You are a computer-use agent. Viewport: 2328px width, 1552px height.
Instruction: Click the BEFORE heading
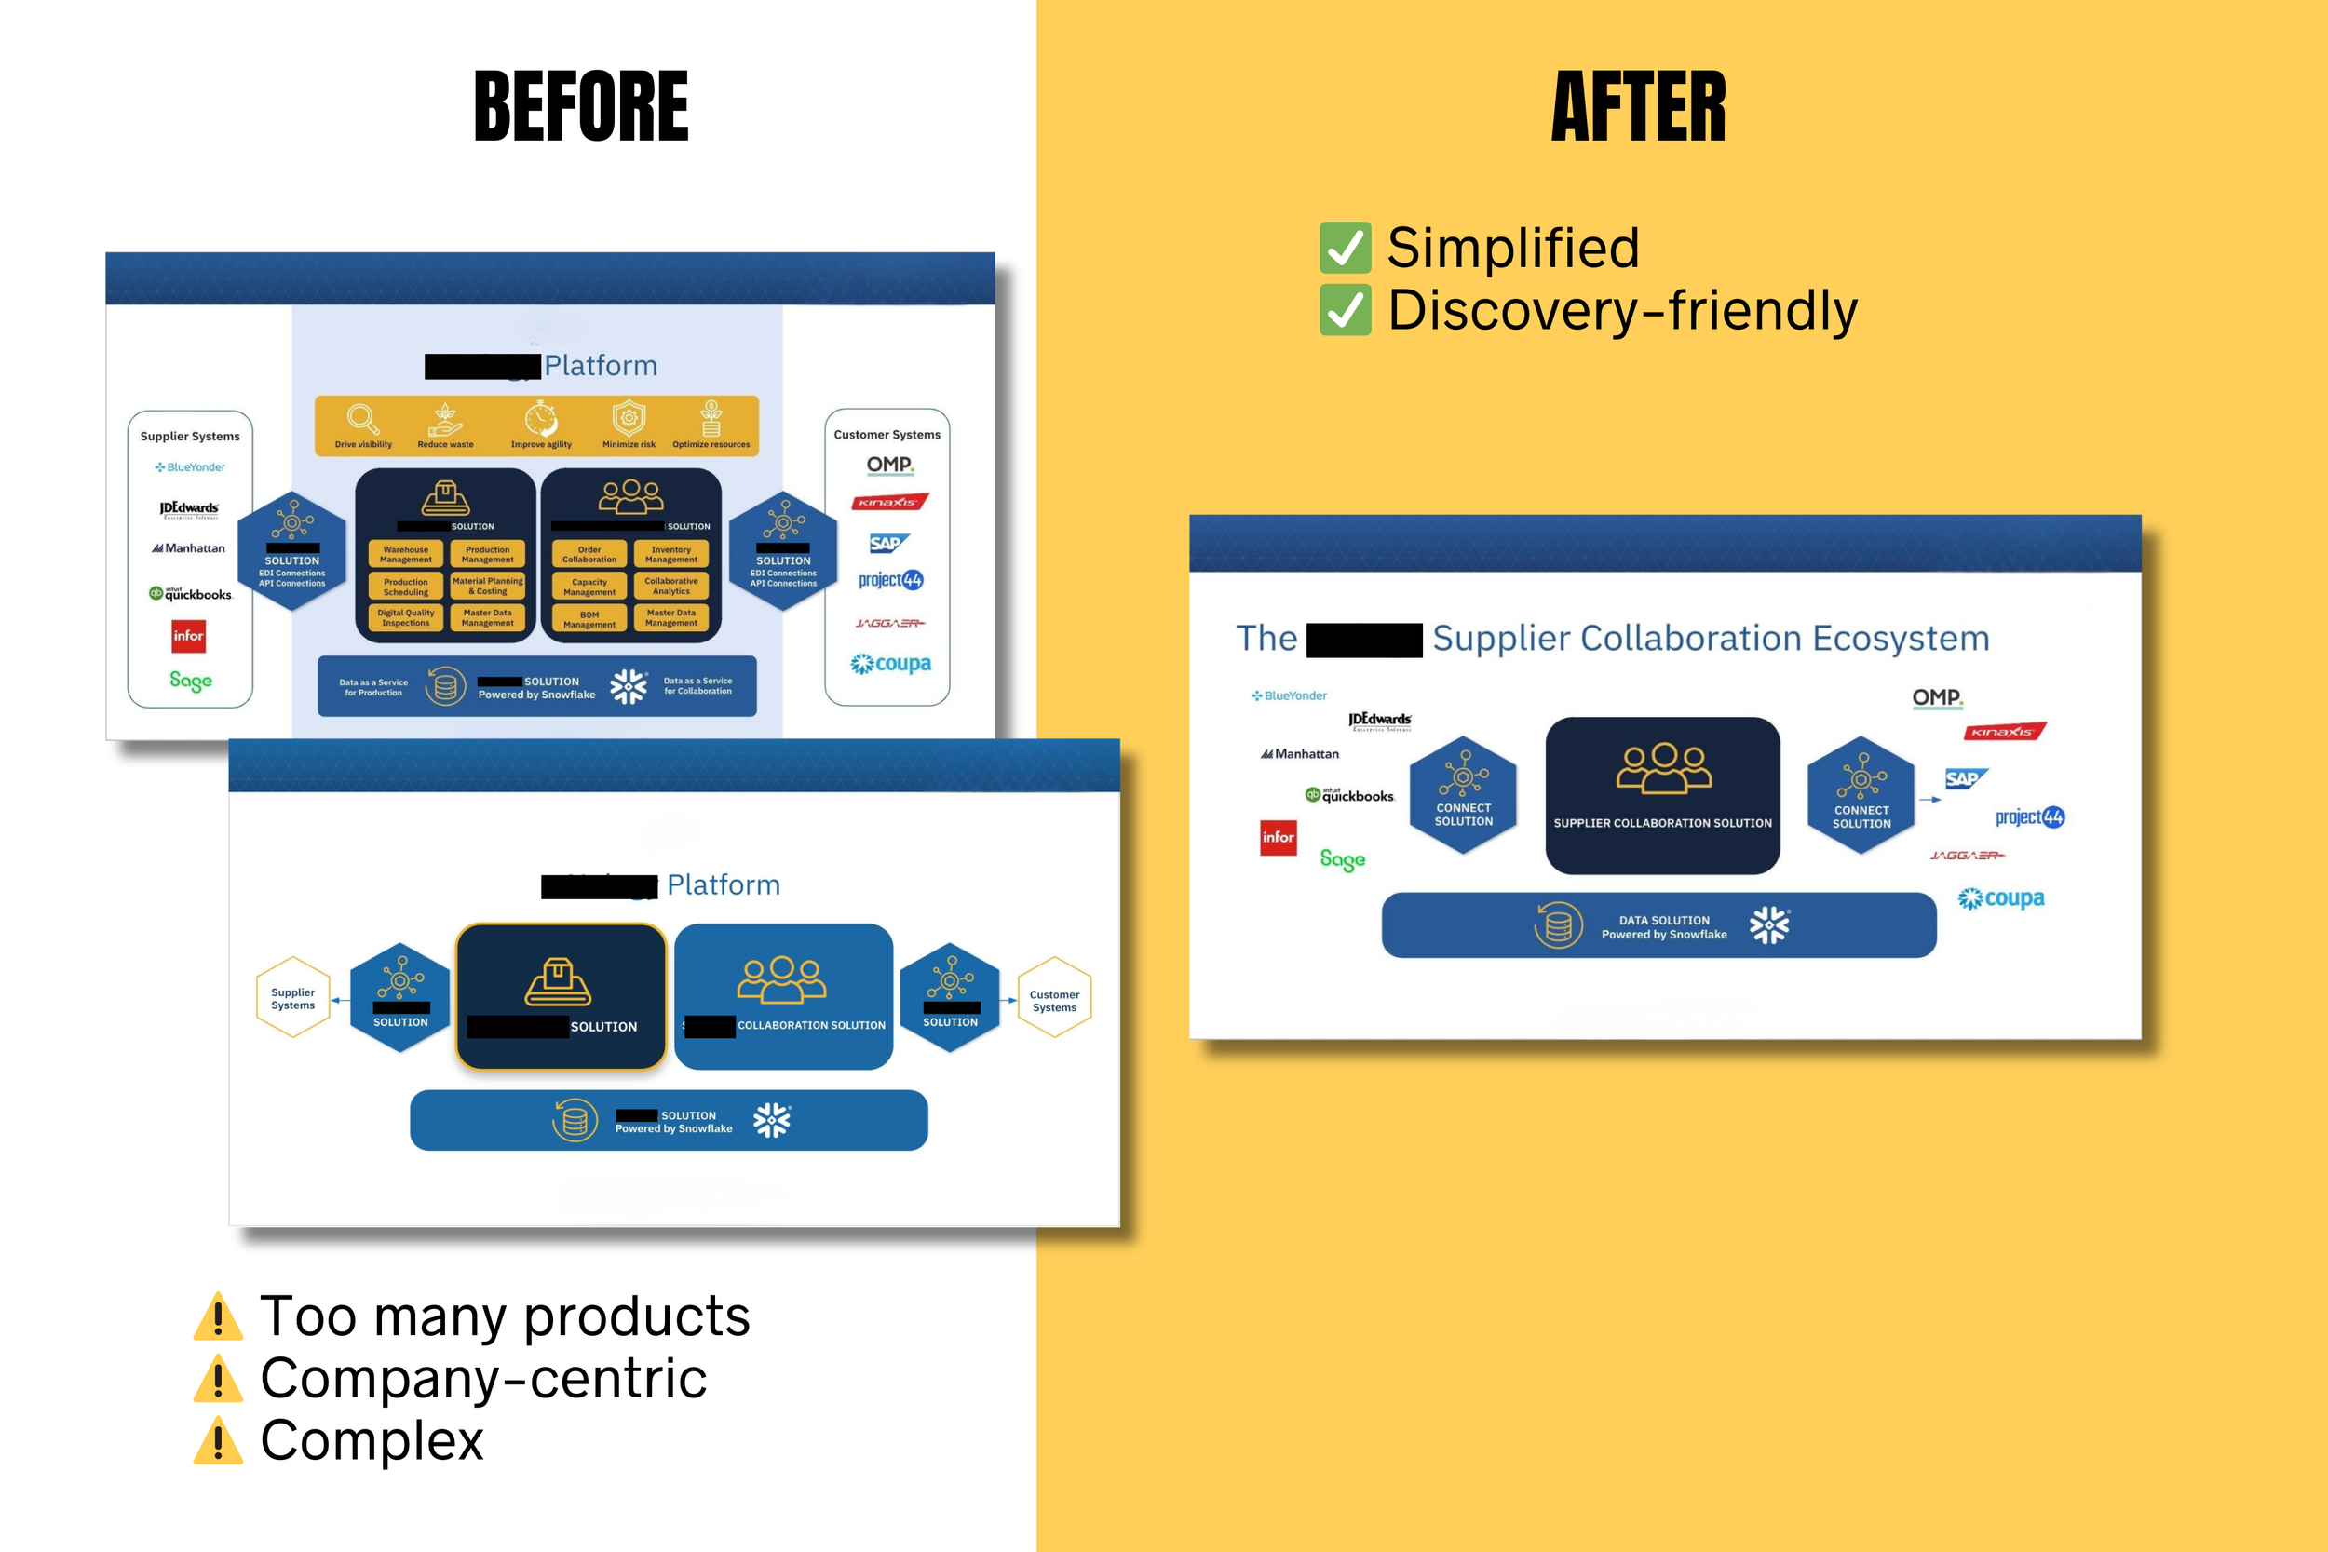click(581, 107)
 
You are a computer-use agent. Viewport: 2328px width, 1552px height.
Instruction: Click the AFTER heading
click(1638, 107)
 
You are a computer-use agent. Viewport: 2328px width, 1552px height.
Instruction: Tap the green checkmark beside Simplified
click(1346, 248)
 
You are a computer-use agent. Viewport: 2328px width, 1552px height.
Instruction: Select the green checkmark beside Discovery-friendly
click(1346, 310)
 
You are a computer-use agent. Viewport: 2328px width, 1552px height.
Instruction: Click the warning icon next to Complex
click(218, 1440)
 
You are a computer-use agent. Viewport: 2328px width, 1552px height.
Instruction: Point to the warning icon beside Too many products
click(218, 1316)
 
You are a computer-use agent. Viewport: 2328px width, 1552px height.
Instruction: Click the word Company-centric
click(483, 1378)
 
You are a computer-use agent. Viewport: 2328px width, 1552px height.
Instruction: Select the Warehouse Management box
click(406, 554)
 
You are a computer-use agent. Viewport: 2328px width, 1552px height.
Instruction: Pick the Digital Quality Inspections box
click(406, 617)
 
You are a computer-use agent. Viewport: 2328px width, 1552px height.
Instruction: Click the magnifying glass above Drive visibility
click(362, 420)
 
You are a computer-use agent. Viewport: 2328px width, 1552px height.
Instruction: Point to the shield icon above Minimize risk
click(629, 419)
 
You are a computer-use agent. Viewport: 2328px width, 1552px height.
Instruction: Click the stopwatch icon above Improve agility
click(540, 419)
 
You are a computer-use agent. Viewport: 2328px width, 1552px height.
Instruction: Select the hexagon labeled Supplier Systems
click(293, 998)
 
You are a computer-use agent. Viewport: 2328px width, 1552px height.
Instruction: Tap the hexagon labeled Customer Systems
click(1054, 998)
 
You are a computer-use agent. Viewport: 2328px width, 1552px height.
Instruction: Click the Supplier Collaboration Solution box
click(1663, 796)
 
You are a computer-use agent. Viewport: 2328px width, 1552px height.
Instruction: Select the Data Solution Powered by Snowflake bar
click(1658, 925)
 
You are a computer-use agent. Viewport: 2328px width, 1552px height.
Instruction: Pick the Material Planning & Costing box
click(488, 586)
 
